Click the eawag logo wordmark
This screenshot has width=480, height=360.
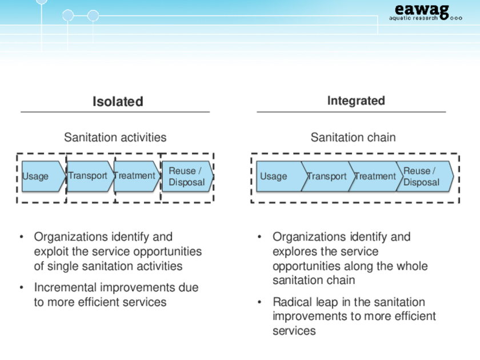tap(422, 10)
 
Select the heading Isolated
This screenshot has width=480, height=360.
tap(118, 102)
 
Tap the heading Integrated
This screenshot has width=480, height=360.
tap(356, 101)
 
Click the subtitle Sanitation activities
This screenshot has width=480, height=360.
tap(115, 138)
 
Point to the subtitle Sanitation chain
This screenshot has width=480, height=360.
tap(353, 138)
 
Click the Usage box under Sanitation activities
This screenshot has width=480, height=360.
tap(43, 177)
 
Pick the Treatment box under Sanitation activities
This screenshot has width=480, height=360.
tap(137, 177)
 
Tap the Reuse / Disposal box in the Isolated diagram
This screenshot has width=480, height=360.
tap(187, 177)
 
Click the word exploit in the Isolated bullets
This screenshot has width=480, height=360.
tap(51, 251)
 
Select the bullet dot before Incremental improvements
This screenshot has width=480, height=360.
tap(22, 287)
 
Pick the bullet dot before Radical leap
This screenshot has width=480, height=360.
tap(259, 302)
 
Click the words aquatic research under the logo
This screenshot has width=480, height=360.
tap(413, 18)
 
